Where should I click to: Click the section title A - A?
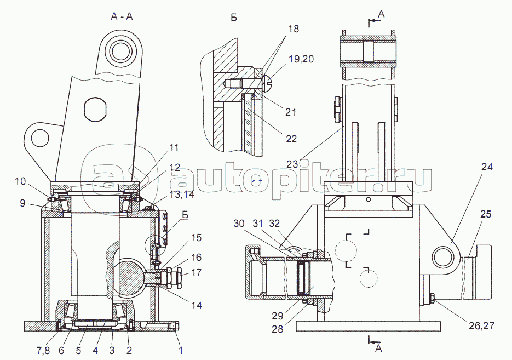[x=122, y=16]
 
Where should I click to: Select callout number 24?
[x=487, y=167]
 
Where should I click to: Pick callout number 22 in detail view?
[x=291, y=139]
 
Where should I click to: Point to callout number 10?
[x=20, y=180]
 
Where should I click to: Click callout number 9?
[x=22, y=203]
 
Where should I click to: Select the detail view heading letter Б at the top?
[x=234, y=17]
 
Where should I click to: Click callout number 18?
[x=294, y=28]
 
